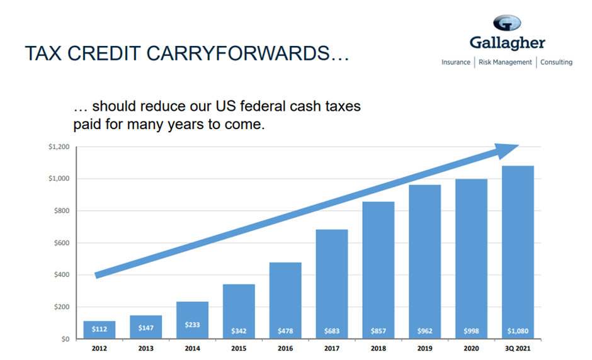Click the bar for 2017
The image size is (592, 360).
pos(331,284)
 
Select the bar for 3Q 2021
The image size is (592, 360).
pos(518,252)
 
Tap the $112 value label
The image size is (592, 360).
pos(99,329)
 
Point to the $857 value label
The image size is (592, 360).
pos(378,330)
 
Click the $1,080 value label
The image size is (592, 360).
pos(518,330)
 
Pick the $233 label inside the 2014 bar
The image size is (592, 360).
pos(192,325)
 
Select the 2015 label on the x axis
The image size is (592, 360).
pos(239,348)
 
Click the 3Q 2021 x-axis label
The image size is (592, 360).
pos(518,348)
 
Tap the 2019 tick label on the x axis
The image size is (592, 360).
pos(424,348)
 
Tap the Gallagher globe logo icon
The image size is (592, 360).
pos(507,23)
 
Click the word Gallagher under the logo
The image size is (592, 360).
pos(507,43)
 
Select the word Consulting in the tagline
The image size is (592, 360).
pos(556,62)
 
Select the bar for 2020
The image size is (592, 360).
pos(471,259)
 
